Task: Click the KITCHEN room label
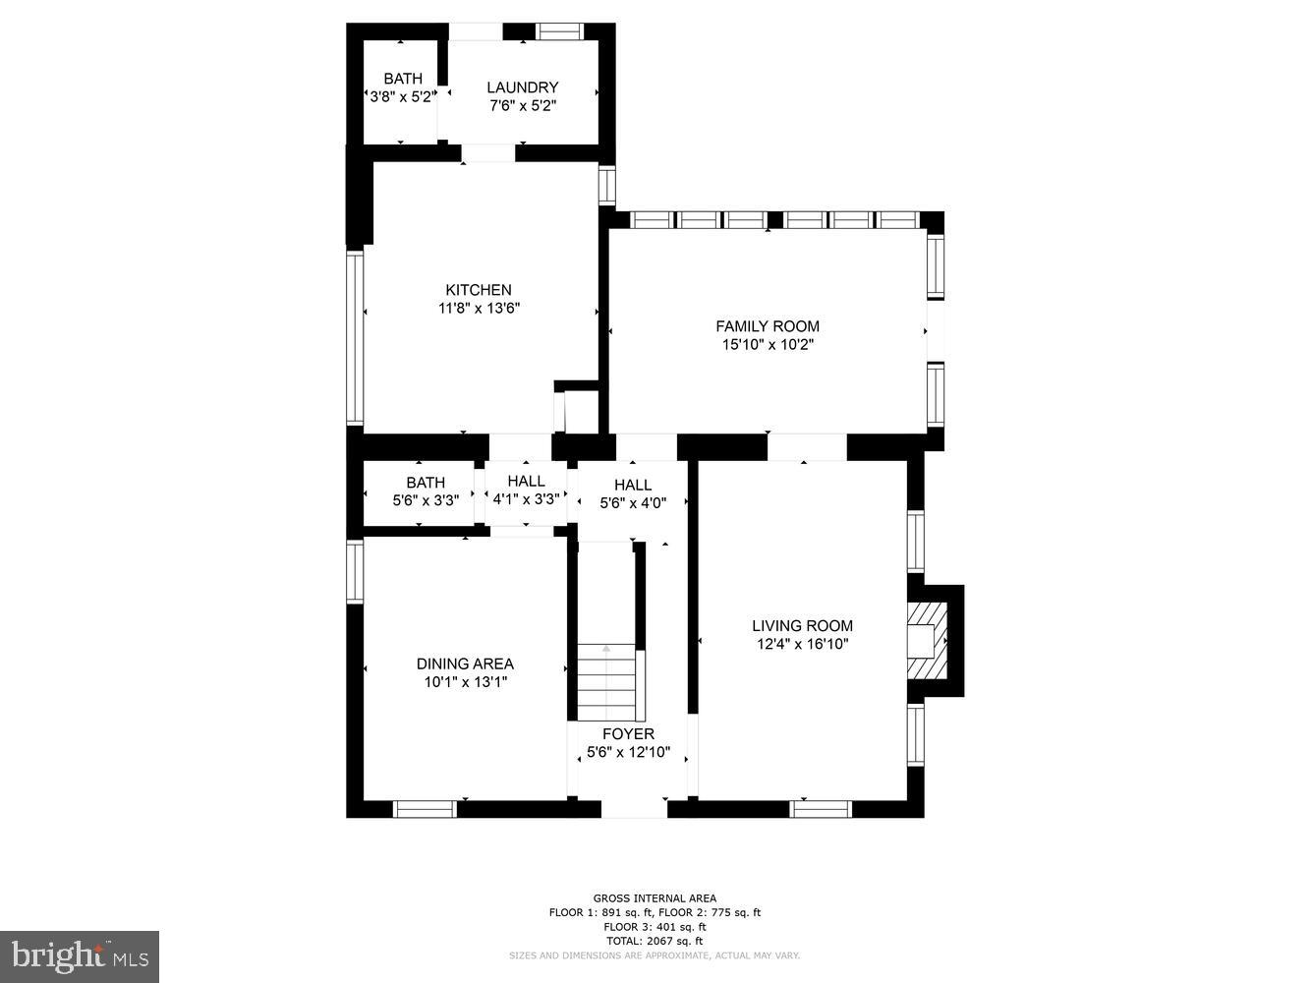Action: tap(479, 290)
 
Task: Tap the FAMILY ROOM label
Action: tap(767, 326)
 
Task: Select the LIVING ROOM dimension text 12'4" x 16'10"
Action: tap(802, 644)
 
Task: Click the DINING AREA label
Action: tap(465, 664)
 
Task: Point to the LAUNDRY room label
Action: tap(522, 87)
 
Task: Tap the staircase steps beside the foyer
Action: tap(605, 683)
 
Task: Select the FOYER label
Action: tap(628, 734)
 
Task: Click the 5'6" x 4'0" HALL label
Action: tap(633, 485)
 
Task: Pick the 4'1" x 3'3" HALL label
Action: tap(526, 481)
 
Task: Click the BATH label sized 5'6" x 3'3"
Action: tap(426, 483)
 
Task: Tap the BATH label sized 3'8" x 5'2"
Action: tap(403, 79)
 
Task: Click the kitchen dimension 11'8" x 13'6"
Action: tap(479, 309)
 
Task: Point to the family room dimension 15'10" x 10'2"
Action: tap(767, 345)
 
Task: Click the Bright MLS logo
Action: tap(80, 956)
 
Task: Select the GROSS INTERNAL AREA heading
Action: tap(655, 897)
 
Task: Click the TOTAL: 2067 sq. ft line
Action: tap(655, 941)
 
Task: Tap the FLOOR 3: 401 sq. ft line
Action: tap(655, 926)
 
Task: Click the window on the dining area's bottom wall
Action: tap(425, 809)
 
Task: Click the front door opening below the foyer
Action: tap(634, 809)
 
